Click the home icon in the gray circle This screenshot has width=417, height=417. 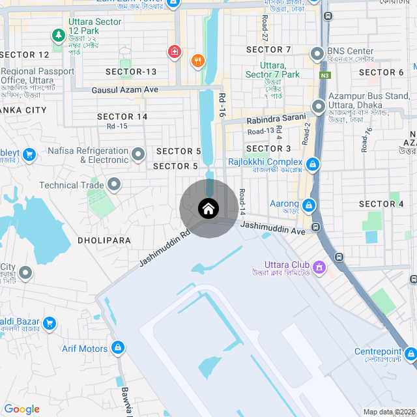[x=208, y=209]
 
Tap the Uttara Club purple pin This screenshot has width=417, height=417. [x=319, y=266]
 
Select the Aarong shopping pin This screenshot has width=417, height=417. [x=309, y=205]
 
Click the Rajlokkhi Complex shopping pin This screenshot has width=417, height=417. [x=313, y=163]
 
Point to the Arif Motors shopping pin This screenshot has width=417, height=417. [x=118, y=348]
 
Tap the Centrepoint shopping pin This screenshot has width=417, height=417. [x=410, y=354]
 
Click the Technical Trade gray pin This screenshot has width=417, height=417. [x=115, y=185]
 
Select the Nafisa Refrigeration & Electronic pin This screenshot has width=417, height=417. [x=138, y=154]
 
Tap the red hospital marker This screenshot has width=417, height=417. [x=174, y=51]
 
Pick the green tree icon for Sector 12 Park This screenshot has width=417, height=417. [x=58, y=34]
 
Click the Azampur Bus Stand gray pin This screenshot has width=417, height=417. [x=319, y=106]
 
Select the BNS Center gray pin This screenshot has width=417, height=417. [x=317, y=53]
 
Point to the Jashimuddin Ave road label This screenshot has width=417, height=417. [x=272, y=228]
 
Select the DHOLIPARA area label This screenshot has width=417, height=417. [x=104, y=240]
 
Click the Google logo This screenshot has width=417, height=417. [x=22, y=409]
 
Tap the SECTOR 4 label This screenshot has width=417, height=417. [x=381, y=204]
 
